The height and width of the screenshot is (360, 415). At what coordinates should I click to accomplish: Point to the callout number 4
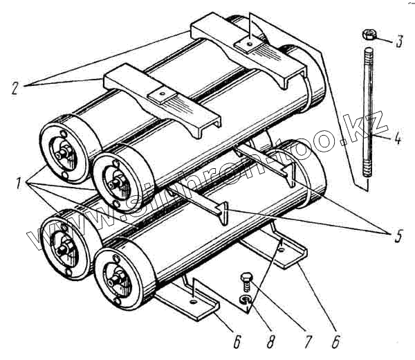point(398,138)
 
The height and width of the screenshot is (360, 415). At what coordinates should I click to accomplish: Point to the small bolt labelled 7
point(245,282)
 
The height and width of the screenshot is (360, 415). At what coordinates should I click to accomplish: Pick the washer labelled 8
point(244,299)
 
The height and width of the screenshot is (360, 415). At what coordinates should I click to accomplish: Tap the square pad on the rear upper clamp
point(247,44)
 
